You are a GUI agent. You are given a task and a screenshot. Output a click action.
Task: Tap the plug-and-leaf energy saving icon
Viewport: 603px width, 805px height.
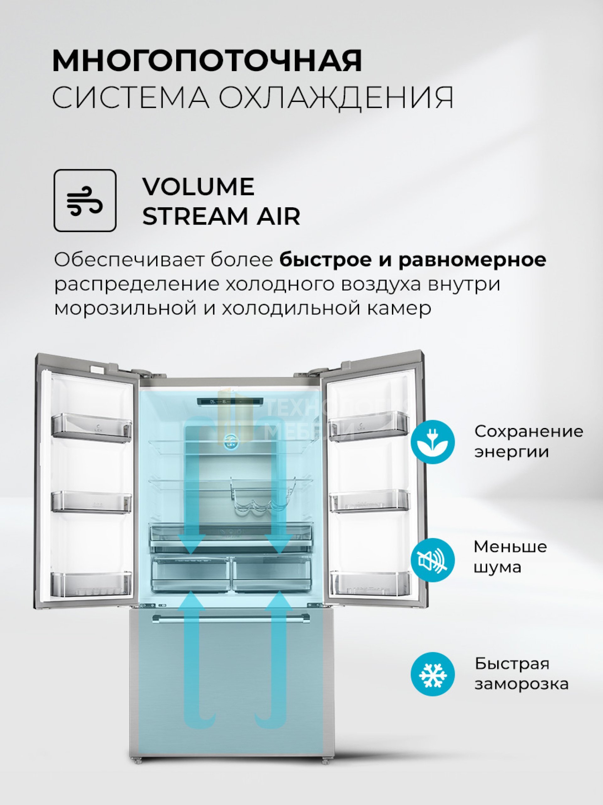coord(432,442)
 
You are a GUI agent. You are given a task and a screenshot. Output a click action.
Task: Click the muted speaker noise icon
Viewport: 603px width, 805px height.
coord(432,560)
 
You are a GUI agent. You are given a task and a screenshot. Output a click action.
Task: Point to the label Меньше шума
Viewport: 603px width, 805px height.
coord(510,557)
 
